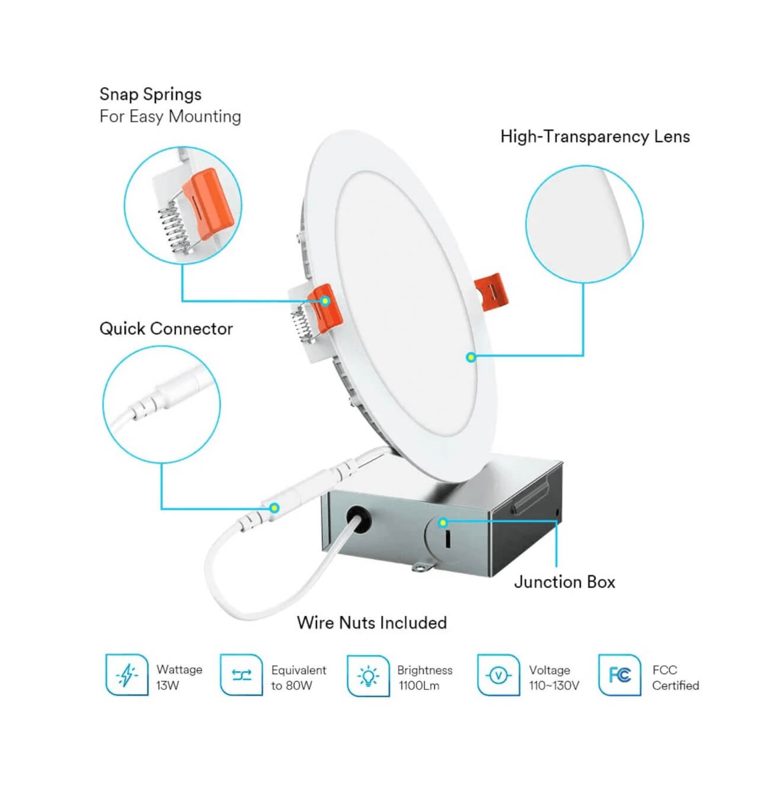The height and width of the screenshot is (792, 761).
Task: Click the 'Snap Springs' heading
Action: [151, 94]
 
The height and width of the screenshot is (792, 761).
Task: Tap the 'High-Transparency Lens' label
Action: [595, 137]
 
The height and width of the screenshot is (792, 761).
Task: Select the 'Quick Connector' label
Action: [166, 329]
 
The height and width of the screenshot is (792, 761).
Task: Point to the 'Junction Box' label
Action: [564, 582]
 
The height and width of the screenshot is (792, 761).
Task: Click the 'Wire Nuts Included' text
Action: [372, 623]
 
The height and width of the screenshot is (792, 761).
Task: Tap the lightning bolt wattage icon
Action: [126, 675]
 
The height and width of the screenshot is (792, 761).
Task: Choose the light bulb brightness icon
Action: [368, 675]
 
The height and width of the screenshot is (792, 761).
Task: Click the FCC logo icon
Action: [619, 675]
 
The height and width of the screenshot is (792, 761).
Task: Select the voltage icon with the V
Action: [498, 675]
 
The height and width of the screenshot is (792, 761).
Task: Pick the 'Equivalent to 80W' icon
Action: [241, 675]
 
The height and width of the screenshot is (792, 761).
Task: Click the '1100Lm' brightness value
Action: [419, 686]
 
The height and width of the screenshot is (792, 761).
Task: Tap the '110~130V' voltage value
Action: [554, 686]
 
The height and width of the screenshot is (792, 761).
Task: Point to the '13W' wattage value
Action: [168, 686]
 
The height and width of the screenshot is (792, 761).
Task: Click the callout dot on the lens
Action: [471, 357]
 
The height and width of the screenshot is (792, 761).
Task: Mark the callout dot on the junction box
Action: [443, 522]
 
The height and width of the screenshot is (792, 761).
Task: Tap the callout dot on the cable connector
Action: [274, 508]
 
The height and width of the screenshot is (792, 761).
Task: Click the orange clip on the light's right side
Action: [491, 291]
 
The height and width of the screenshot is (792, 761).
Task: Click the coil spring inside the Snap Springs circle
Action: [174, 228]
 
